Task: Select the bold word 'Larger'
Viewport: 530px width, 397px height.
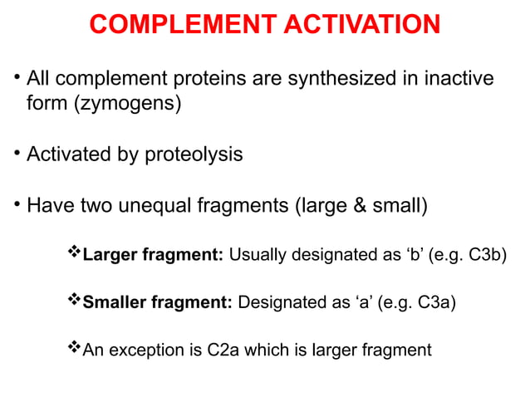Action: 110,254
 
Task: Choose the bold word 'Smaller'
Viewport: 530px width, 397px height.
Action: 114,301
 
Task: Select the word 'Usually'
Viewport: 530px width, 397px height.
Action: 256,254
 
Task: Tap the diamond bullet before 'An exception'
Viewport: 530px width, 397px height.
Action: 73,349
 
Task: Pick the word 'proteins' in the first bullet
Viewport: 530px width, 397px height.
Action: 219,80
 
